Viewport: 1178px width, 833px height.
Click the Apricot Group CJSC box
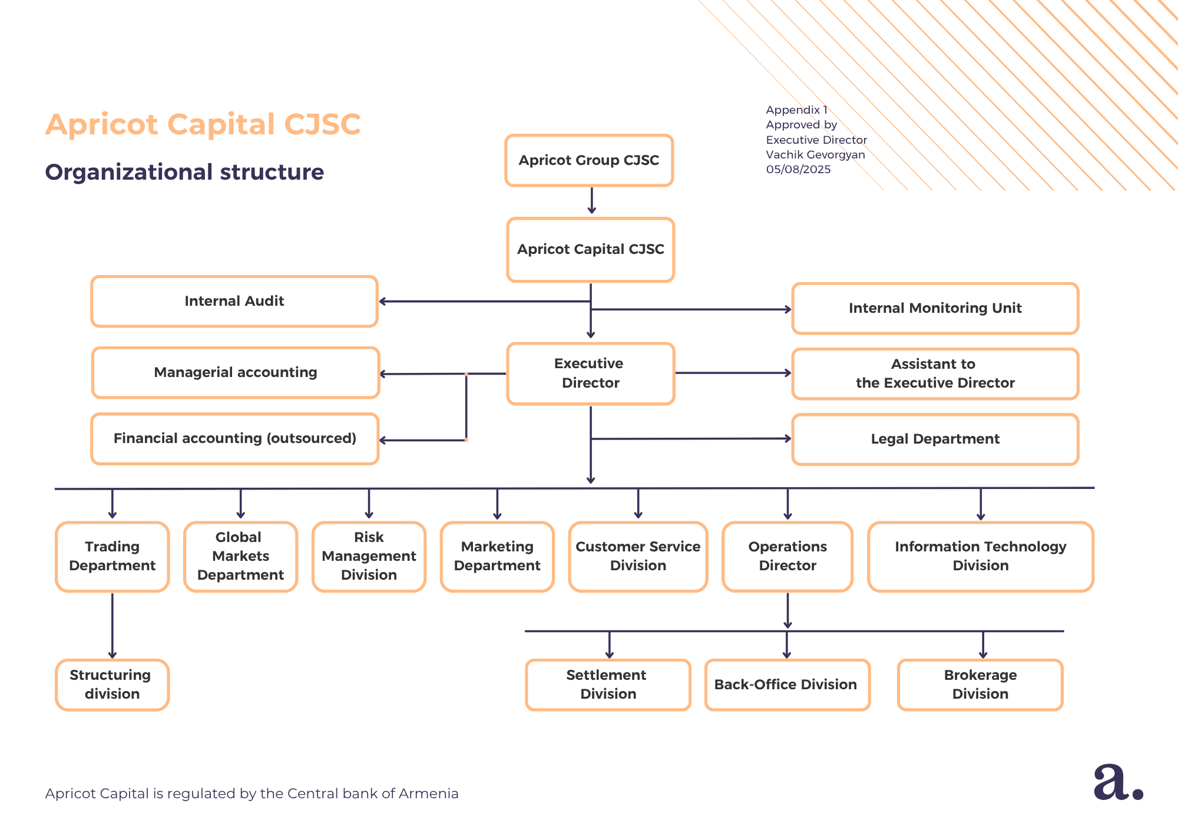[x=588, y=160]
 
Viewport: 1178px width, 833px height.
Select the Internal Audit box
[x=234, y=301]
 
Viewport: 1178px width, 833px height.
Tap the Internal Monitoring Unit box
[x=935, y=308]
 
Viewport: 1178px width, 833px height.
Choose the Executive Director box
[x=590, y=373]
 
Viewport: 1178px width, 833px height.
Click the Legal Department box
[x=935, y=439]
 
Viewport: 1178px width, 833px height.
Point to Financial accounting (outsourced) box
[x=234, y=438]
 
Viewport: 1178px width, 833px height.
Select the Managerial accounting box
[x=235, y=372]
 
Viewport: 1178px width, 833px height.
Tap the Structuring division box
[x=112, y=685]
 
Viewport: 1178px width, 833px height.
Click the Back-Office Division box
[x=787, y=685]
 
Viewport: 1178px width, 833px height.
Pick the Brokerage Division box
[x=980, y=685]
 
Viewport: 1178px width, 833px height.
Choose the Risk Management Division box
[x=369, y=556]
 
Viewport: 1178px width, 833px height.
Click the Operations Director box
[x=787, y=556]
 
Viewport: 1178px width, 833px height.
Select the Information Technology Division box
[x=980, y=556]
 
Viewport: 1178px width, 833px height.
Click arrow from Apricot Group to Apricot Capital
[x=591, y=201]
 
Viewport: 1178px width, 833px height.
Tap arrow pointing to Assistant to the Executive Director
[x=733, y=373]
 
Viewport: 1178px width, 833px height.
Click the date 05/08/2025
[x=798, y=170]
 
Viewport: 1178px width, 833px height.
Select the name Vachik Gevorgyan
[x=815, y=155]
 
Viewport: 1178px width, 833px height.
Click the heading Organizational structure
[x=184, y=172]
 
